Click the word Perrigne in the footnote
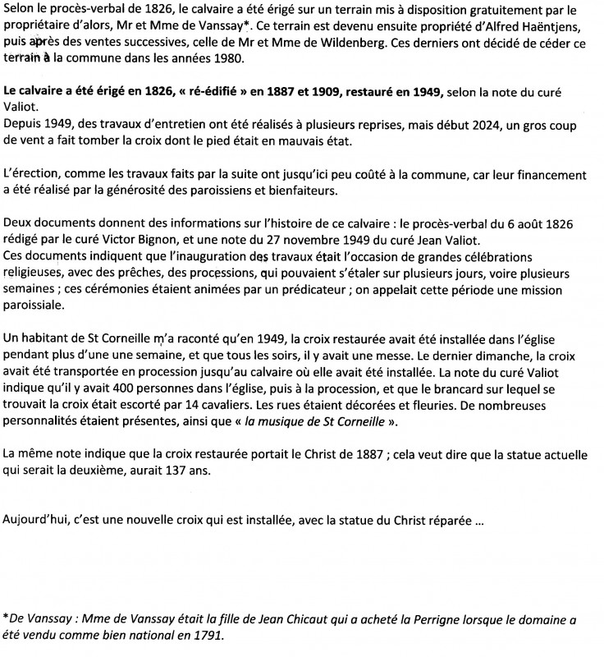click(435, 620)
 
